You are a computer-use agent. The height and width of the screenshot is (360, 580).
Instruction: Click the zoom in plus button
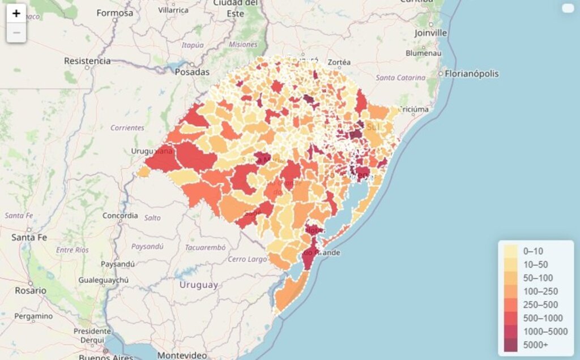[16, 14]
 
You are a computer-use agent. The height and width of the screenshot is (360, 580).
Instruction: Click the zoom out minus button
[16, 33]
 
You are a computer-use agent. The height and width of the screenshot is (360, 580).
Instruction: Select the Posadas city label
[192, 72]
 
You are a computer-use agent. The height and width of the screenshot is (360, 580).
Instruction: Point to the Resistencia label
[87, 61]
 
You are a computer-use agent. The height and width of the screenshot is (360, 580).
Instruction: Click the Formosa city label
[114, 12]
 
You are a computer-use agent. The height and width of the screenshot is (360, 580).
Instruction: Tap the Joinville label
[430, 33]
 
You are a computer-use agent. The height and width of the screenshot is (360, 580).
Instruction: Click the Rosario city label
[31, 290]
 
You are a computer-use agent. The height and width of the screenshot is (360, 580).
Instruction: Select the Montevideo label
[178, 355]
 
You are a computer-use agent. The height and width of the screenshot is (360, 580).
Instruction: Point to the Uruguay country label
[198, 285]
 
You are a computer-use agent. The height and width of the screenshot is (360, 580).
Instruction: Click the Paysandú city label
[118, 264]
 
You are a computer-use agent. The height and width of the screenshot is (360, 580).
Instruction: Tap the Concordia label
[120, 215]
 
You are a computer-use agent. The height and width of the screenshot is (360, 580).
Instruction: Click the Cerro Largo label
[247, 259]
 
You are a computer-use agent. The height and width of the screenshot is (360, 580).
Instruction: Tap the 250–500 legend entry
[540, 305]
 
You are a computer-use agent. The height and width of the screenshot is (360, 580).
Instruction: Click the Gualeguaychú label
[104, 280]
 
